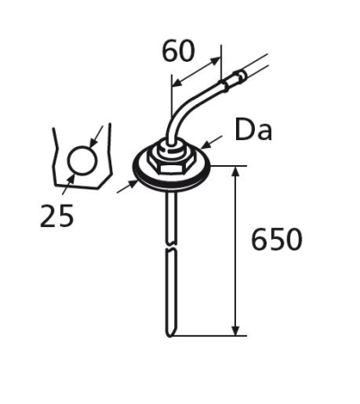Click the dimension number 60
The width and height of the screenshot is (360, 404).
(x=179, y=52)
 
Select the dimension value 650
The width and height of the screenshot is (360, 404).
(x=277, y=240)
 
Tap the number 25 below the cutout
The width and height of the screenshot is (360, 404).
(x=57, y=216)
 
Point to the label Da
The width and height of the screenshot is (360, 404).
(x=253, y=130)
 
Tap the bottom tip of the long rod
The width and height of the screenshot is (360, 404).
(x=171, y=334)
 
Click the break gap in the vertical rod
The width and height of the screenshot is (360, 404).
(x=170, y=248)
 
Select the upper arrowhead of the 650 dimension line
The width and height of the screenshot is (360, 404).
(x=235, y=171)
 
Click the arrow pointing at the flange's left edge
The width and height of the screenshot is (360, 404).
(x=133, y=182)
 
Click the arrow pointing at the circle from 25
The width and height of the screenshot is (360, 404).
(x=69, y=180)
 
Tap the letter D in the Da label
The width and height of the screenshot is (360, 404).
(x=244, y=130)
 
